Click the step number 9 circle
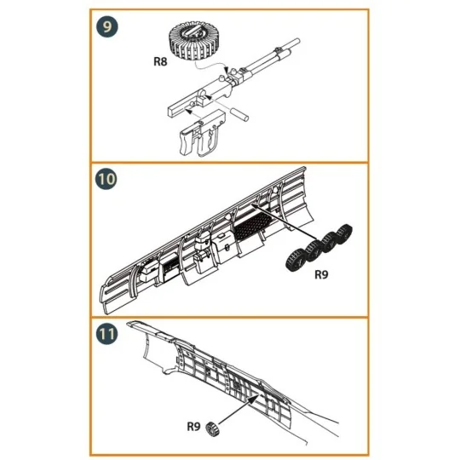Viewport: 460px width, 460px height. (x=106, y=26)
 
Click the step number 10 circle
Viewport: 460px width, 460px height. (x=106, y=179)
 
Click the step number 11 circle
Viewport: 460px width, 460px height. (x=106, y=334)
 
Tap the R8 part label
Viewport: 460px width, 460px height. (x=160, y=61)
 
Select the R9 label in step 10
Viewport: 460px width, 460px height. (x=321, y=274)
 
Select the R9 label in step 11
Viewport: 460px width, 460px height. (x=193, y=426)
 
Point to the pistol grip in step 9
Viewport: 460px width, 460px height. (x=187, y=143)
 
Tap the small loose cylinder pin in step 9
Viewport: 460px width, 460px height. (x=240, y=114)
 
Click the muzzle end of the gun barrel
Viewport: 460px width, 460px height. (x=297, y=41)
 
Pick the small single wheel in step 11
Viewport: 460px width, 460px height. (x=213, y=428)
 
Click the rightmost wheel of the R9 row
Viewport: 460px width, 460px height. (x=344, y=233)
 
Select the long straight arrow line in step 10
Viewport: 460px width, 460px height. (x=284, y=221)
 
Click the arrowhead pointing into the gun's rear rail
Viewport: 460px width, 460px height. (x=189, y=112)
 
